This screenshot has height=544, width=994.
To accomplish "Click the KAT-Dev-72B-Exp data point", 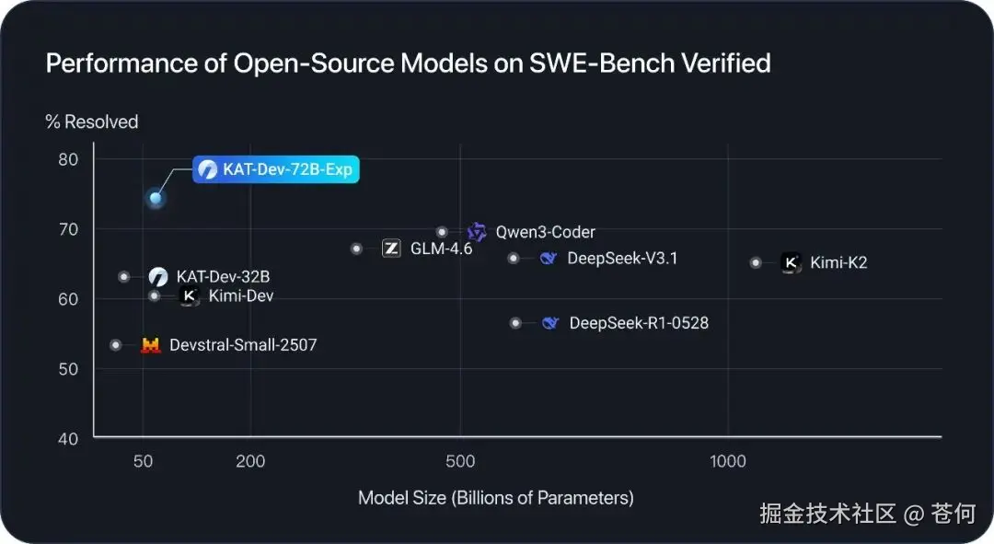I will [156, 198].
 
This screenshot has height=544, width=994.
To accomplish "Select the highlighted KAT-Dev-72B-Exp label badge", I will [275, 169].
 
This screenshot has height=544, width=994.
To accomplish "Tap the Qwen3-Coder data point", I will [442, 232].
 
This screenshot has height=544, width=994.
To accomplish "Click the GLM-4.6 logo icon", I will [391, 249].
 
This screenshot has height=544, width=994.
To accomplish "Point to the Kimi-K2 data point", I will [756, 262].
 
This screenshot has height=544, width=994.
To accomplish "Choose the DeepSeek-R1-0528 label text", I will [639, 323].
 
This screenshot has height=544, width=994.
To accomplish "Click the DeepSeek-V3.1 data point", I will [514, 259].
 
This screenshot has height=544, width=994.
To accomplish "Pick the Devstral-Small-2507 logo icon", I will [150, 345].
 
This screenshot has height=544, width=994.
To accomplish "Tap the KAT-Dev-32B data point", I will [124, 276].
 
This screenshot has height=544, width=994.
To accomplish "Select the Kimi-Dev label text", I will [241, 296].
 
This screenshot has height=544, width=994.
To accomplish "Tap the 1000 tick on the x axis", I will [728, 461].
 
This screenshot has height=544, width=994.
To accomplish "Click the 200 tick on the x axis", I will [250, 461].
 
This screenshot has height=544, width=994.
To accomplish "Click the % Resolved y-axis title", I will [92, 122].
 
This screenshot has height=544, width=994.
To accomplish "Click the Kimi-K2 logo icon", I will [791, 262].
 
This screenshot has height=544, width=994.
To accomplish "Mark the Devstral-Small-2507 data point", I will [116, 345].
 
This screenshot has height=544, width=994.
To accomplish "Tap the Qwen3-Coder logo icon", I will [477, 232].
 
